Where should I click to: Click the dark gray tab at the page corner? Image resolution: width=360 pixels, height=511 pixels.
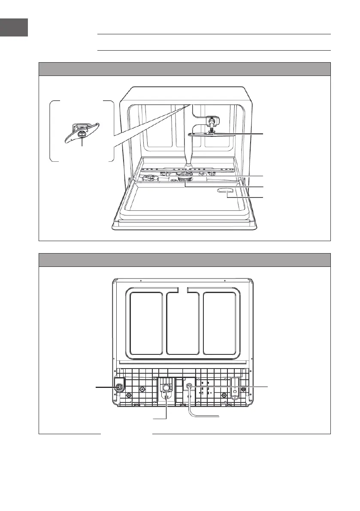tap(14, 27)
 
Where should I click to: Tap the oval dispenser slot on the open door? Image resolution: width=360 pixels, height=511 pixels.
tap(226, 191)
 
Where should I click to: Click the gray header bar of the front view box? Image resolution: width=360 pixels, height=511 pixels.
tap(185, 69)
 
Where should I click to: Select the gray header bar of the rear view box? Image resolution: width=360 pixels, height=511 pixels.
tap(185, 260)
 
